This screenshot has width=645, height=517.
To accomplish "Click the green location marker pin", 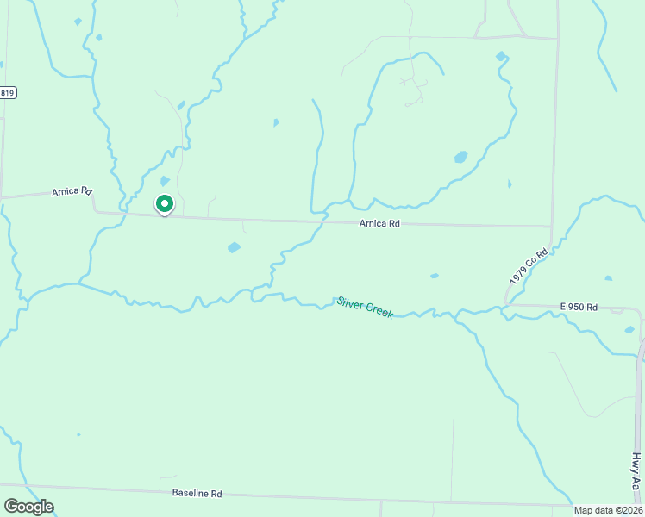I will (165, 204).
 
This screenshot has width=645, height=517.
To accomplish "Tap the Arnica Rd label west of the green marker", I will (72, 191).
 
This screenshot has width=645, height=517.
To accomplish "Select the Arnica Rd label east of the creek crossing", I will (379, 223).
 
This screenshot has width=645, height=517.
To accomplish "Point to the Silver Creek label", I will (366, 308).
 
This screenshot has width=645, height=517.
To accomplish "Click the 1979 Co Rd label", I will (529, 268).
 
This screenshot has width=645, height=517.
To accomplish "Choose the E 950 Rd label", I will (578, 306).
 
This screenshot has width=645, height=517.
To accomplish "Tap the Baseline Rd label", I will (197, 494).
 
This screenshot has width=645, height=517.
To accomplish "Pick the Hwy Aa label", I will (636, 472).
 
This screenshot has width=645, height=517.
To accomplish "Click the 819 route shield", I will (8, 92).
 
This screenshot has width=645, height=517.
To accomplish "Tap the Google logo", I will (28, 507).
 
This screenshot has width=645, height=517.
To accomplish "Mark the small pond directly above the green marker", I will (165, 181).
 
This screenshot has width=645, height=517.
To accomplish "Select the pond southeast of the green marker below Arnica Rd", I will (234, 247).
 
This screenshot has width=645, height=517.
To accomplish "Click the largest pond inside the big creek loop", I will (460, 158).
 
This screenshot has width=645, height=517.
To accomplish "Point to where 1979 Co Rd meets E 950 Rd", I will (507, 304).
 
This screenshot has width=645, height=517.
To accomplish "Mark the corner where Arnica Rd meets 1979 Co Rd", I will (551, 227).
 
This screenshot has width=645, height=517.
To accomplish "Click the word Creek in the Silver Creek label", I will (379, 311).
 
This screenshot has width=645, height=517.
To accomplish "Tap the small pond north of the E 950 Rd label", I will (608, 278).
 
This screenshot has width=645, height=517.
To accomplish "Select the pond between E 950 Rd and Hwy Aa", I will (629, 329).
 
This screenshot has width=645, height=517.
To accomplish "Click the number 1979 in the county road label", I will (519, 276).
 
